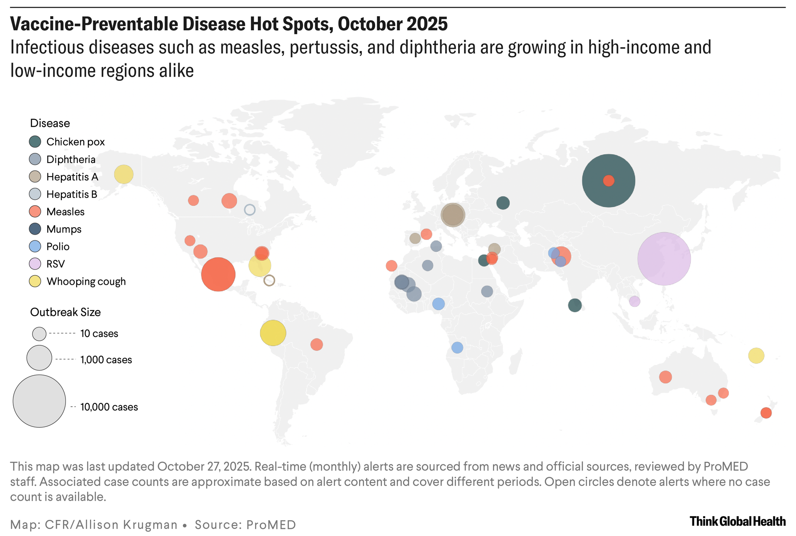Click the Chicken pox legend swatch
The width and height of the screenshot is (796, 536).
pos(35,142)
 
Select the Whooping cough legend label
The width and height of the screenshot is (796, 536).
pos(86,281)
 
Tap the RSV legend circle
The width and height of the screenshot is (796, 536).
pos(35,264)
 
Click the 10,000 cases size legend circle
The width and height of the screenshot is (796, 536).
pos(39,401)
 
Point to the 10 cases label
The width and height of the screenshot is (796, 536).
pos(99,334)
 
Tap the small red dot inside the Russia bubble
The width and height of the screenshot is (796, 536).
pos(609,181)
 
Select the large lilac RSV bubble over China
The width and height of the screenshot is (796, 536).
pos(664,259)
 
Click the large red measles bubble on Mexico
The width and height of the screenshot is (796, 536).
pos(218,274)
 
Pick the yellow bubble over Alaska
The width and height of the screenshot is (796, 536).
pos(124,174)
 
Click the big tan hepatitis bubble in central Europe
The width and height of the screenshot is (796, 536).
pos(453,215)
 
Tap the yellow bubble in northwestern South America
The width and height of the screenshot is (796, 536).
pos(273,333)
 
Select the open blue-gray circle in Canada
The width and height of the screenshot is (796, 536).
pos(250,210)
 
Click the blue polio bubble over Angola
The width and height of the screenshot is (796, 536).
pos(457,347)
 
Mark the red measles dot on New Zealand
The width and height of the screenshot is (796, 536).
pos(766,413)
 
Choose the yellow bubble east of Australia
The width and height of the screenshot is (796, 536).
pos(756,356)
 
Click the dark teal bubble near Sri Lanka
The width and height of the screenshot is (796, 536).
pos(575,306)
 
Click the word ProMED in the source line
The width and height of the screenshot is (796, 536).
pos(271,525)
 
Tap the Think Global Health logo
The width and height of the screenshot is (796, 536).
pos(738,521)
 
